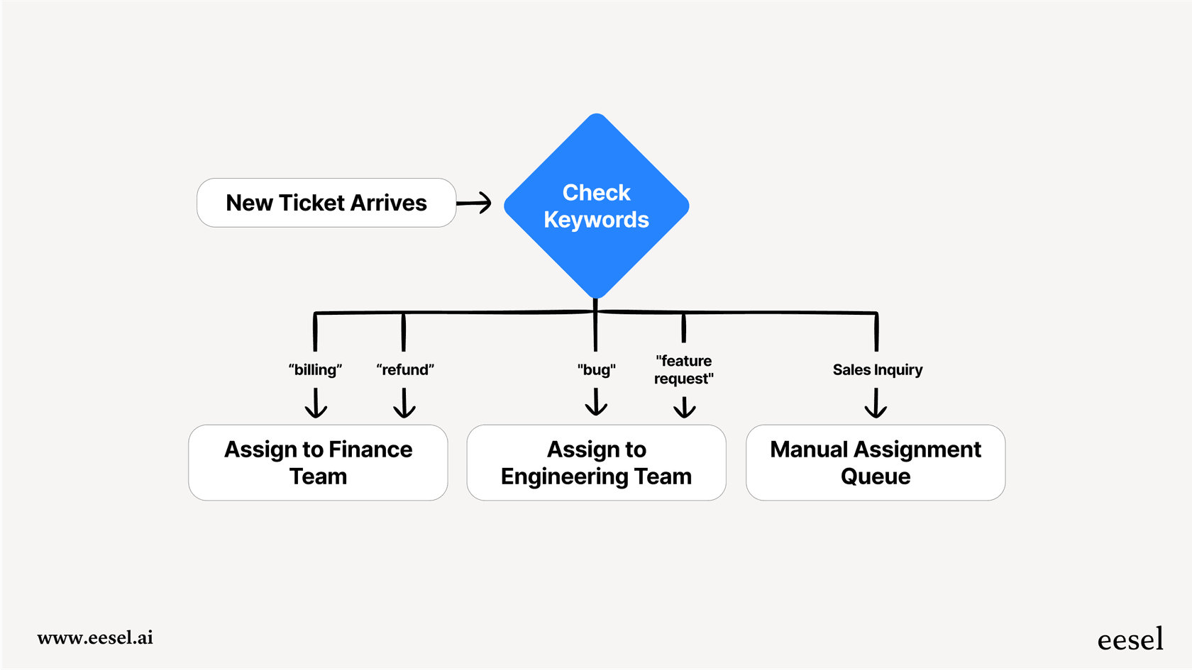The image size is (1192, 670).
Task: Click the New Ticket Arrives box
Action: coord(326,203)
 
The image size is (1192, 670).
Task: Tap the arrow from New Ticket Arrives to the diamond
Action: coord(474,203)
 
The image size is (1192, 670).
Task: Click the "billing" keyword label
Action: coord(315,369)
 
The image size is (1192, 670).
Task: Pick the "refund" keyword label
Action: coord(404,369)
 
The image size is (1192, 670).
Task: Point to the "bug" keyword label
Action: coord(596,369)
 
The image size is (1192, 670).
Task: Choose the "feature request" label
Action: coord(683,369)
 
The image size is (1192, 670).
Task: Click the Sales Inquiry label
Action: coord(877,369)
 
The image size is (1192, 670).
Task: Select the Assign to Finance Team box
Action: coord(318,462)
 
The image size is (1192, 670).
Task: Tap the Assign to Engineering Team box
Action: coord(596,462)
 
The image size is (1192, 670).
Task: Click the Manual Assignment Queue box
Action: coord(875,462)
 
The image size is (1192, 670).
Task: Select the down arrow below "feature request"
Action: coord(684,407)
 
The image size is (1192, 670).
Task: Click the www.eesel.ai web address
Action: coord(95,637)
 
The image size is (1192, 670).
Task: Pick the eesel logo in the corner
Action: coord(1130,640)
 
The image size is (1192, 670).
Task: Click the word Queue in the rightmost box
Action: coord(875,476)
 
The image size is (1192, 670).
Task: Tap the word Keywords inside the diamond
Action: coord(596,220)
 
